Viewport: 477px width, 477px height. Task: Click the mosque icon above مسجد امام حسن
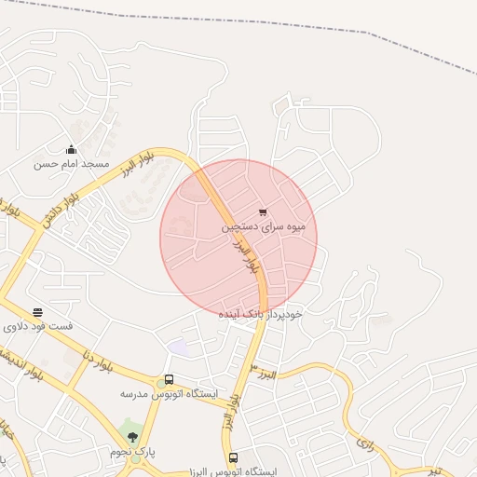point(72,149)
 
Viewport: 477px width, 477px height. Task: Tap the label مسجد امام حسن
point(72,164)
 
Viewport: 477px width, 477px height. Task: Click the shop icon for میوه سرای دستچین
point(264,211)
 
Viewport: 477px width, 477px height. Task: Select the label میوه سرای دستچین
point(264,226)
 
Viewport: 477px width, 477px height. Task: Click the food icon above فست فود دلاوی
point(37,313)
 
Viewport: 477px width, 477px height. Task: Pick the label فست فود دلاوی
point(38,328)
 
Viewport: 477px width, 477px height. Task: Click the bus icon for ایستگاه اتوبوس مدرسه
point(169,379)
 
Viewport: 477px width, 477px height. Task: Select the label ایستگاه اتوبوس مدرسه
point(169,394)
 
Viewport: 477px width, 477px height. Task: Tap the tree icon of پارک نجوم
point(131,436)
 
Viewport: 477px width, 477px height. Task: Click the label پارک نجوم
point(131,452)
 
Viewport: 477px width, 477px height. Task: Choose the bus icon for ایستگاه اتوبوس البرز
point(233,457)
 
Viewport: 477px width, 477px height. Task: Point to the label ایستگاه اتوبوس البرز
point(232,471)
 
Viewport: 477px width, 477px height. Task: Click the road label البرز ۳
point(270,374)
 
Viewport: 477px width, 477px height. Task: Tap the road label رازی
point(364,443)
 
